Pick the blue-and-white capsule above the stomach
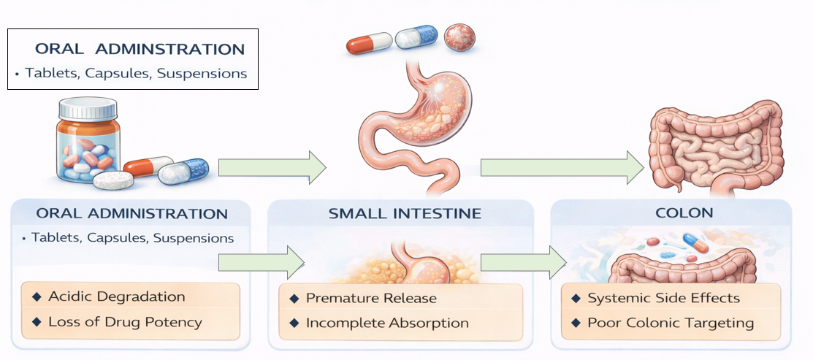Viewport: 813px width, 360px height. coord(416,36)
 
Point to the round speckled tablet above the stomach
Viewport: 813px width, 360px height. coord(459,36)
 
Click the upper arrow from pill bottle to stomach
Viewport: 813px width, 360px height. coord(272,167)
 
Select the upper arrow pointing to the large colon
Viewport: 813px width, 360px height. coord(561,166)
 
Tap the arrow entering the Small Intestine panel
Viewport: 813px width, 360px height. coord(261,261)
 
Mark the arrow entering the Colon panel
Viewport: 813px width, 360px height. coord(523,261)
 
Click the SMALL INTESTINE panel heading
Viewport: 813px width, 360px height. coord(405,214)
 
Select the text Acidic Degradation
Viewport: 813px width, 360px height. coord(116,296)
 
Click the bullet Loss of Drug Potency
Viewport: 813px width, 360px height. coord(124,321)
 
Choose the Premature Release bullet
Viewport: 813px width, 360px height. coord(370,298)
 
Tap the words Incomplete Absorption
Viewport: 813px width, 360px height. coord(387,323)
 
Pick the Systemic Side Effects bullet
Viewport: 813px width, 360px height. coord(663,298)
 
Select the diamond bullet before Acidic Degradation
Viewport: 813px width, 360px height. coord(37,296)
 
